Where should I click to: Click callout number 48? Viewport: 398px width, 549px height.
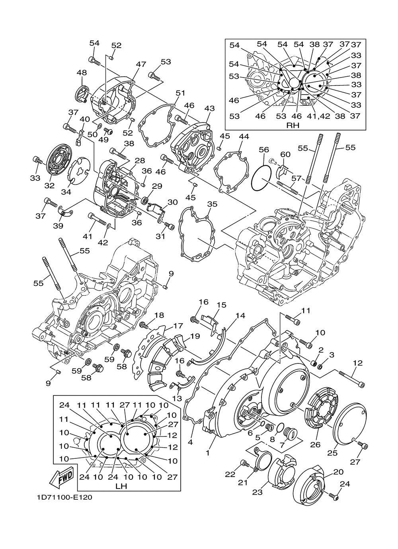click(x=82, y=73)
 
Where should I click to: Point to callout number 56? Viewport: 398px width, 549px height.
click(x=264, y=150)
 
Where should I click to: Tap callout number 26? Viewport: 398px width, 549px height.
click(x=315, y=444)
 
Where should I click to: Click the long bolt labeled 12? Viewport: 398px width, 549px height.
click(x=352, y=378)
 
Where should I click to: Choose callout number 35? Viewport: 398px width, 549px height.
click(x=212, y=205)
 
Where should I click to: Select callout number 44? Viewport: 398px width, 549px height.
click(x=244, y=137)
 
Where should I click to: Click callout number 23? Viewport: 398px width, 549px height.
click(x=257, y=492)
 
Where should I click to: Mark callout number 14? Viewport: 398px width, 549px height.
click(x=240, y=316)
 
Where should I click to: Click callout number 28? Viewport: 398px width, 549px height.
click(x=139, y=160)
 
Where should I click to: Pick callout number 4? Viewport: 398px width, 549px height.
click(x=190, y=441)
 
